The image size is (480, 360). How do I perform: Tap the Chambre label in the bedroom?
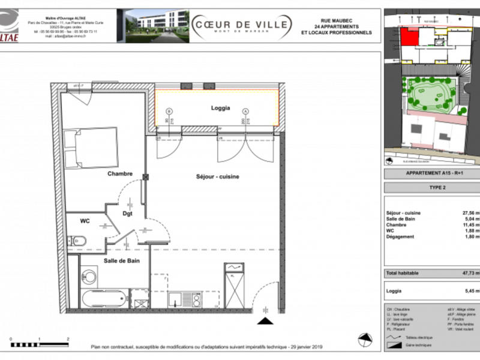pos(120,174)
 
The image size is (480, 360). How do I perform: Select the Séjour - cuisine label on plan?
pos(218,177)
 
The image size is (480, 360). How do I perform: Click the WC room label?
pos(85,221)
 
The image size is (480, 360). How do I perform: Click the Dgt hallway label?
pos(128,212)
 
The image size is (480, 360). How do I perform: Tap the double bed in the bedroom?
pos(91,148)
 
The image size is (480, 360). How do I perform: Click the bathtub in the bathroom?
pos(104,298)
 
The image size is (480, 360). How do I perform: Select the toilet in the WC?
pos(78,241)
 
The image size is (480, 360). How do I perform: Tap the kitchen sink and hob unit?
pos(184,298)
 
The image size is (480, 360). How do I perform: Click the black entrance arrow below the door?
pos(262,322)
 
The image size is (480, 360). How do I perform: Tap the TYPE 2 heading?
pos(431,187)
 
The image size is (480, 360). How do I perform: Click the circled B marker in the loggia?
pos(169,111)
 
